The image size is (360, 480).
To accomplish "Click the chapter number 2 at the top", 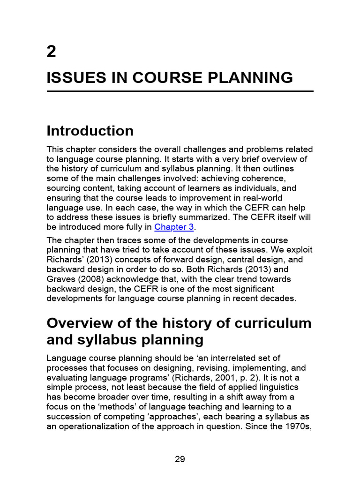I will click(52, 52).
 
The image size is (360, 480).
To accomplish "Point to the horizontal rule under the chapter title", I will click(180, 91).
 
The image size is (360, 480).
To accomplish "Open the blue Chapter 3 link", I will click(174, 227).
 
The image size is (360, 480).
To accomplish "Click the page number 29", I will click(180, 459).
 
